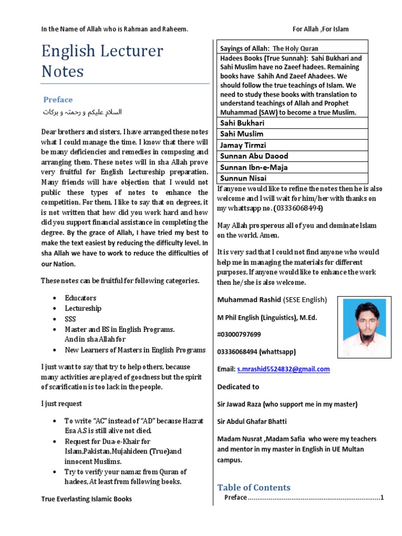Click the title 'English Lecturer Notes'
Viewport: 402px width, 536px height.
click(102, 61)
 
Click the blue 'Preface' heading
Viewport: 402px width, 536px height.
click(58, 99)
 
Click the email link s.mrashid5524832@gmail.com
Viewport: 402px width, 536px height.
click(283, 369)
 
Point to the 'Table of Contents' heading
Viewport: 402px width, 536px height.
click(254, 487)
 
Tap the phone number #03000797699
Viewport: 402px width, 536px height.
click(239, 334)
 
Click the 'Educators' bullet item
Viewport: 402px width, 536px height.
click(81, 298)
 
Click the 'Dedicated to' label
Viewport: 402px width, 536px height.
click(238, 387)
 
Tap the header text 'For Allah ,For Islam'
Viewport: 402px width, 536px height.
click(320, 29)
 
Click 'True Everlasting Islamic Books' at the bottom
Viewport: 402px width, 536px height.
click(86, 499)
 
